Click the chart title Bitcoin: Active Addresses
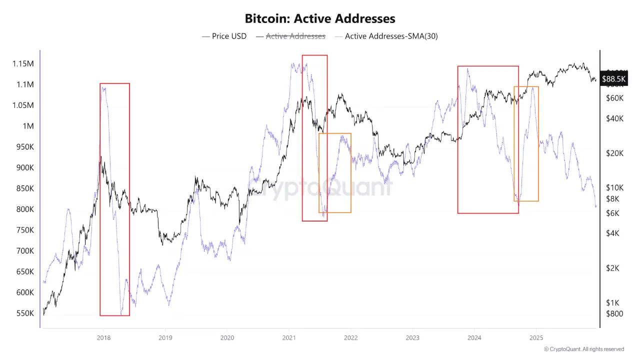pyautogui.click(x=320, y=19)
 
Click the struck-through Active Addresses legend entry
pyautogui.click(x=290, y=36)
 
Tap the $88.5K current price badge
pyautogui.click(x=613, y=79)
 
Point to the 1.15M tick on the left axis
pyautogui.click(x=23, y=63)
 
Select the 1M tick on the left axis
pyautogui.click(x=28, y=126)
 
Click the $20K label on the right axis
pyautogui.click(x=614, y=153)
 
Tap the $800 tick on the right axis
pyautogui.click(x=614, y=313)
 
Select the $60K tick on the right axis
pyautogui.click(x=614, y=98)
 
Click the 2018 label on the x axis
pyautogui.click(x=103, y=338)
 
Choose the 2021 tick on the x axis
pyautogui.click(x=288, y=338)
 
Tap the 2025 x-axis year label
pyautogui.click(x=536, y=338)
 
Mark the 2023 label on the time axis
pyautogui.click(x=412, y=338)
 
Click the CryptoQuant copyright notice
pyautogui.click(x=583, y=349)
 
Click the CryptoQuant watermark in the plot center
pyautogui.click(x=320, y=187)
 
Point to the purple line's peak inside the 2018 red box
pyautogui.click(x=103, y=87)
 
